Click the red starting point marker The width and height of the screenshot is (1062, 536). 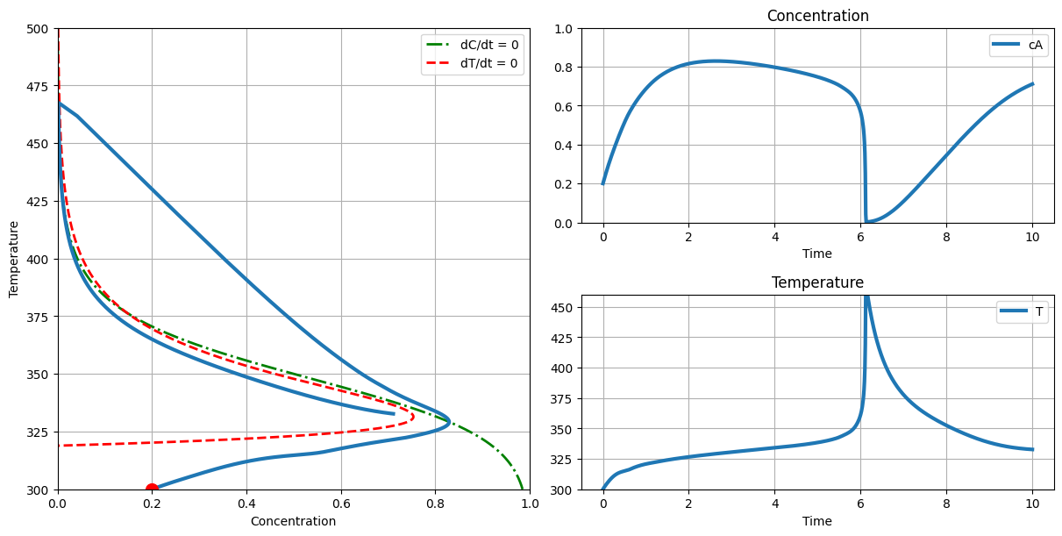(152, 490)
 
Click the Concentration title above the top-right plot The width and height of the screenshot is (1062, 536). (817, 16)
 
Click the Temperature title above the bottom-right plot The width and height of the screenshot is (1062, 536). (817, 282)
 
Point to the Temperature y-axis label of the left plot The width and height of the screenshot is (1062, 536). (14, 259)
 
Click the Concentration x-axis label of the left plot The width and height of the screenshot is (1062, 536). (293, 521)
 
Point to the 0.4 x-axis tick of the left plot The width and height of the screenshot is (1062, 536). (246, 504)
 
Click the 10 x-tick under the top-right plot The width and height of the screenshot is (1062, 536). (1032, 238)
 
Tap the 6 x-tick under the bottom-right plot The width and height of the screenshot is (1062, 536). (860, 504)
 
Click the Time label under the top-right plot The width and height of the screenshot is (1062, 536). (817, 254)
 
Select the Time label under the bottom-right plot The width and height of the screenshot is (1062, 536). (817, 521)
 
